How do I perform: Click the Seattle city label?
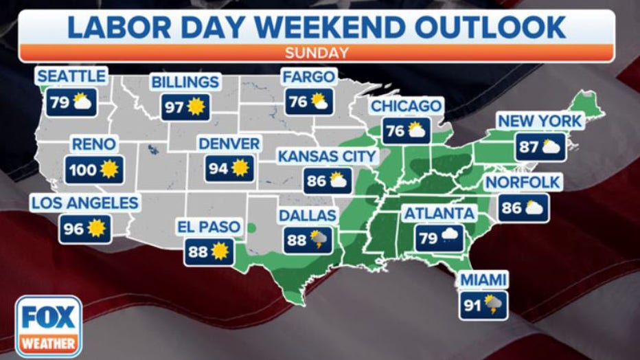point(71,75)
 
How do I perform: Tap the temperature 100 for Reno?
point(83,169)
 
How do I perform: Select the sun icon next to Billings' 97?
point(197,106)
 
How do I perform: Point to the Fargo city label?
point(309,76)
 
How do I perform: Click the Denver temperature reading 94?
point(218,168)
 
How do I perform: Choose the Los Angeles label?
point(85,203)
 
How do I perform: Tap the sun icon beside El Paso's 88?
point(220,251)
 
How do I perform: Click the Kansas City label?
point(328,157)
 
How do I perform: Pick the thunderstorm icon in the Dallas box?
point(319,240)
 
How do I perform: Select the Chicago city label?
point(406,106)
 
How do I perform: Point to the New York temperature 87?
point(529,146)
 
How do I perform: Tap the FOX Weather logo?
point(47,326)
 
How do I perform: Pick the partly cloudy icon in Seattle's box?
point(82,103)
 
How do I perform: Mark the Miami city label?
point(484,280)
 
